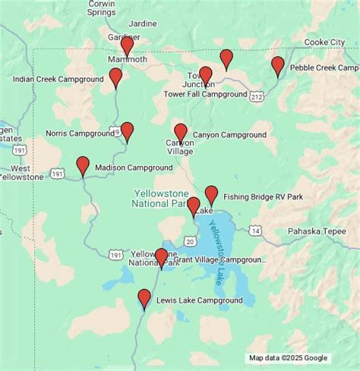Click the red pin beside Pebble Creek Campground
click(x=278, y=66)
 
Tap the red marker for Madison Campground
click(x=83, y=165)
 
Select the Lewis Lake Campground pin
click(x=144, y=298)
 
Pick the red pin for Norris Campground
click(x=127, y=131)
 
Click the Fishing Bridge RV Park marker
click(x=211, y=195)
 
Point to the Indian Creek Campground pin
click(x=115, y=77)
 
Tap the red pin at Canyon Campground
click(x=181, y=133)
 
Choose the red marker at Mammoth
click(x=127, y=46)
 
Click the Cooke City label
click(x=324, y=42)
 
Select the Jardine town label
click(x=142, y=23)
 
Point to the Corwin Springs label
click(x=101, y=8)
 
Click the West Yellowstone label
click(x=27, y=172)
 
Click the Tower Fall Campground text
click(x=205, y=94)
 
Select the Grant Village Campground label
click(x=220, y=259)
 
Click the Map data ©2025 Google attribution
click(x=288, y=358)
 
